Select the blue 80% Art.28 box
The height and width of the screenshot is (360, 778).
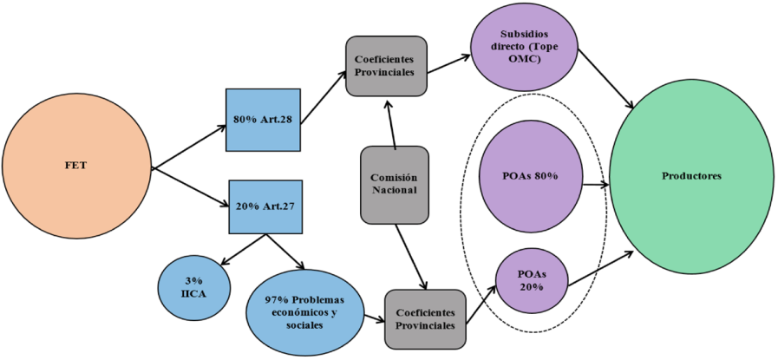(x=262, y=120)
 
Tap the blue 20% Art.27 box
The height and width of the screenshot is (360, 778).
(x=265, y=207)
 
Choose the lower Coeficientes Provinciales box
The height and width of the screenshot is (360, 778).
(x=425, y=318)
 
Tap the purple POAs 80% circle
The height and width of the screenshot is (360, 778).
(x=530, y=177)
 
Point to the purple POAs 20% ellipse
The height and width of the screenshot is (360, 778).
(x=528, y=280)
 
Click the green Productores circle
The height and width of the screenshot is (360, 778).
(x=691, y=177)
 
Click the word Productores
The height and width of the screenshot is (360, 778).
(x=691, y=177)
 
